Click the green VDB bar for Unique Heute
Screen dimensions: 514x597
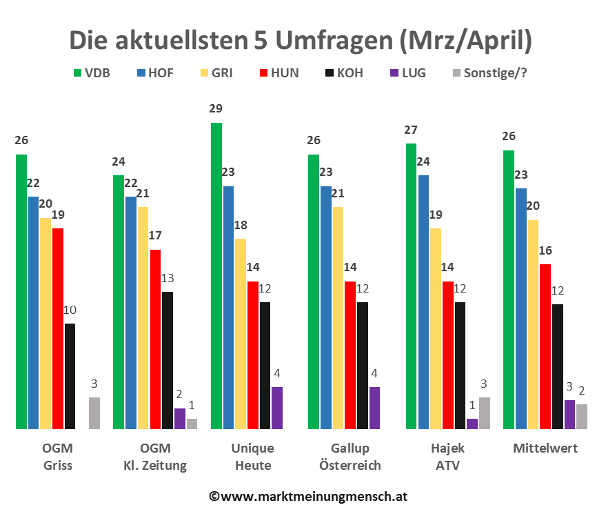[216, 276]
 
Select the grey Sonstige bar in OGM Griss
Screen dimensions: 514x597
[94, 413]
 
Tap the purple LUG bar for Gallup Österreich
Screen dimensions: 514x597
[374, 408]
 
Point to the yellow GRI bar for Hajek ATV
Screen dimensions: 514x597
[435, 328]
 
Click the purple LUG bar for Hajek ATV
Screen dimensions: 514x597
[472, 424]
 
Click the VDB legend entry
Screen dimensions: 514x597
[92, 72]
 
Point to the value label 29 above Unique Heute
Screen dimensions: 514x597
[216, 108]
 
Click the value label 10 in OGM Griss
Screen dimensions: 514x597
[70, 309]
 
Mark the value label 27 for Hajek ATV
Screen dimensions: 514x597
[412, 129]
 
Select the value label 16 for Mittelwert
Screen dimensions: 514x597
[545, 250]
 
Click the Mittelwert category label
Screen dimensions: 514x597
[545, 449]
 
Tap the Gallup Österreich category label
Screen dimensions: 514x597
[350, 457]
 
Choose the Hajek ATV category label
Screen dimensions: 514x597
[447, 457]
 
